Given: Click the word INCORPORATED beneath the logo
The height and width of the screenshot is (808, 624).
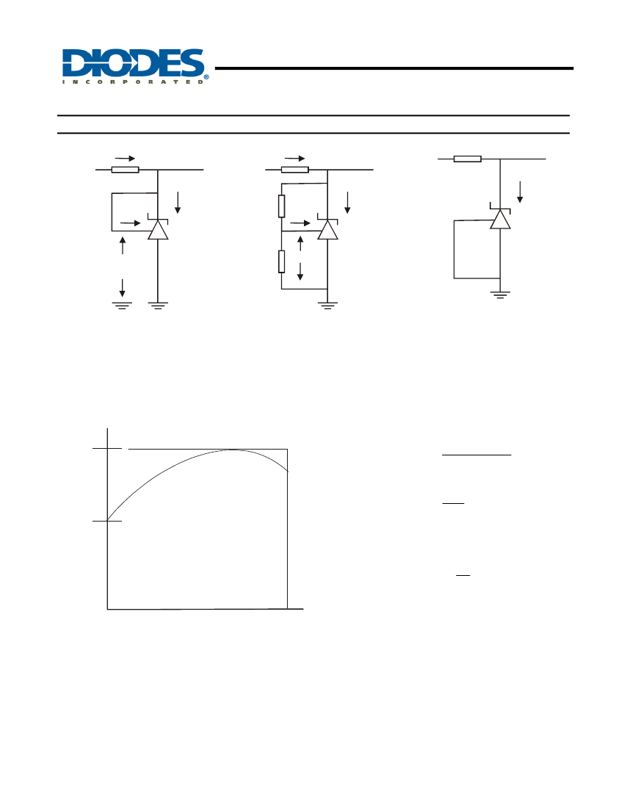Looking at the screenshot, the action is point(133,82).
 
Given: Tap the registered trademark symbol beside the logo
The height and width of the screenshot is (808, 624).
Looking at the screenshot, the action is point(206,78).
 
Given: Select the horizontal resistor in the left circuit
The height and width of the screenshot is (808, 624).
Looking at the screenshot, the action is point(125,170).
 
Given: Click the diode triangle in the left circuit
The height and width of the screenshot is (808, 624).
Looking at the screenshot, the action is point(158,230).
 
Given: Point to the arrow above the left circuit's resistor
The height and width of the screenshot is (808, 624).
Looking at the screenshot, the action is point(125,159).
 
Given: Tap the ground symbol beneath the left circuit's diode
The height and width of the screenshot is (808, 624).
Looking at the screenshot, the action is point(158,306).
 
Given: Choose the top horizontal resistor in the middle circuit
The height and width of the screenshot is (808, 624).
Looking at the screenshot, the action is point(295,170).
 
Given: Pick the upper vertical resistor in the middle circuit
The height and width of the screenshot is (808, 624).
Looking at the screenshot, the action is point(281,206).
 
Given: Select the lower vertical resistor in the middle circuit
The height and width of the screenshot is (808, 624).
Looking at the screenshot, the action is point(281,261).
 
